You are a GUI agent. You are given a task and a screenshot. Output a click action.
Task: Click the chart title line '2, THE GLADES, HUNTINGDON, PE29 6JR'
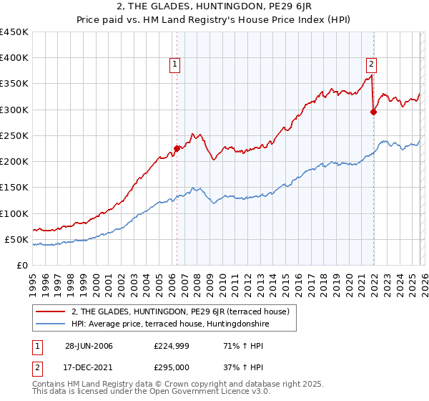[214, 7]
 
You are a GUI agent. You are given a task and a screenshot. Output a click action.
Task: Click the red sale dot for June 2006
[177, 149]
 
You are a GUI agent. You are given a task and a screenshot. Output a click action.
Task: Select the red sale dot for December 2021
[373, 111]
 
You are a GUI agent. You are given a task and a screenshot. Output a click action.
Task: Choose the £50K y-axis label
[17, 239]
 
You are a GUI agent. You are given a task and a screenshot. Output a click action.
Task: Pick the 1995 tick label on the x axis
[33, 279]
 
